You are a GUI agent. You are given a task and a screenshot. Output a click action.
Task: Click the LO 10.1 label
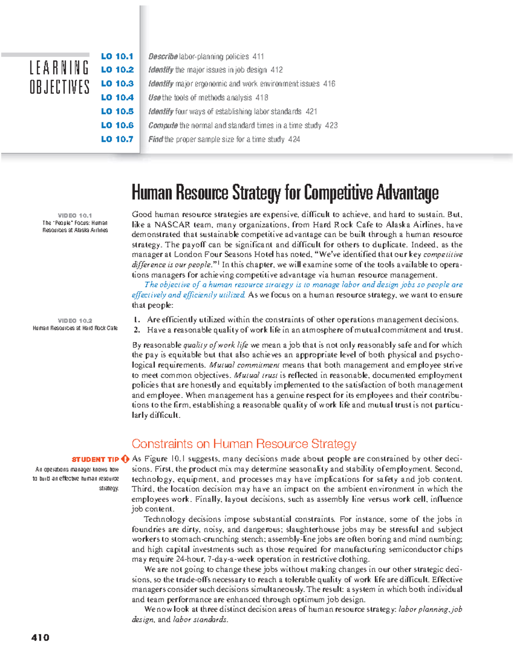point(117,56)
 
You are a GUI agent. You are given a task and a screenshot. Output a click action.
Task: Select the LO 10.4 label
point(117,98)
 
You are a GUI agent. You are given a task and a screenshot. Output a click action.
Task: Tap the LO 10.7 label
point(117,139)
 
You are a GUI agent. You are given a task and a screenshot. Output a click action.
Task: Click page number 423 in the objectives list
point(331,125)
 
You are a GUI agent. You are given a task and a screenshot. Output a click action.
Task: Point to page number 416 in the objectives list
point(329,84)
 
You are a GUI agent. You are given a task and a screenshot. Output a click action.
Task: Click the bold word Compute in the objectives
point(163,125)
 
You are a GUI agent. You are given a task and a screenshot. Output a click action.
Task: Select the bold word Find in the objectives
point(155,139)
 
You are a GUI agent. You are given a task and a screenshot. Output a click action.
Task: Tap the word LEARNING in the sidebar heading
point(59,68)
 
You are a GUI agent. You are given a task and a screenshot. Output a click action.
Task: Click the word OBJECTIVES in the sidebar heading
point(59,87)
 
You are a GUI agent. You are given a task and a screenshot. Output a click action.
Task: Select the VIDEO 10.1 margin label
point(75,215)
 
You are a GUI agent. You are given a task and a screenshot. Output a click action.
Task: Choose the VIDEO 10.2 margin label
point(75,320)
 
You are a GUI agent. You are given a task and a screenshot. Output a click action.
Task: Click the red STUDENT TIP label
point(95,459)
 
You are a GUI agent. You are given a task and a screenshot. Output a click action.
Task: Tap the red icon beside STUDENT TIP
point(125,459)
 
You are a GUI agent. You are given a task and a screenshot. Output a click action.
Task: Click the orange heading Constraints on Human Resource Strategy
point(244,444)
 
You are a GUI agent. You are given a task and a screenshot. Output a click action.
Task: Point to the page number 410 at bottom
point(40,638)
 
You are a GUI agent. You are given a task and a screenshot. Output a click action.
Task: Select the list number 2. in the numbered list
point(137,330)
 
